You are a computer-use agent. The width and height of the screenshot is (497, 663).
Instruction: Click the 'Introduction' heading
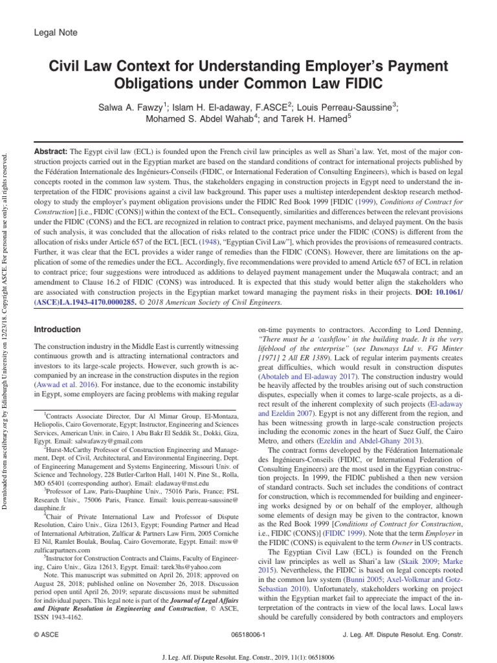[x=57, y=330]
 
